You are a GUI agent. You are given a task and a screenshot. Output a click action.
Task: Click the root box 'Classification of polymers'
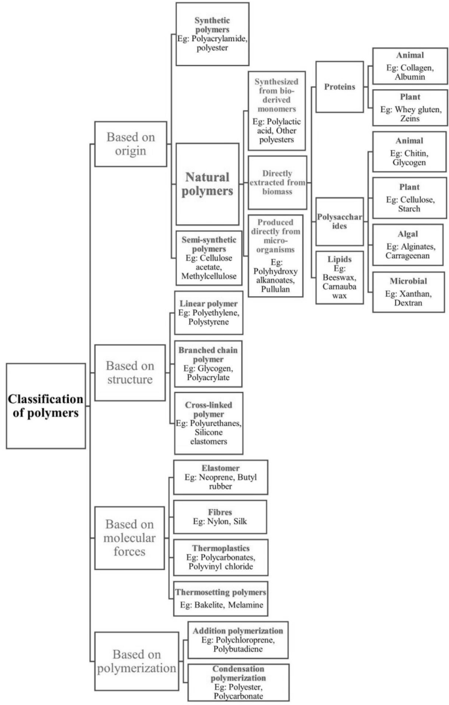pyautogui.click(x=46, y=406)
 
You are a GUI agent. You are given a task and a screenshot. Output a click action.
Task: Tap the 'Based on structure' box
pyautogui.click(x=129, y=372)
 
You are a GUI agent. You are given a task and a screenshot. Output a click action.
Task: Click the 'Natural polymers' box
pyautogui.click(x=206, y=185)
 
